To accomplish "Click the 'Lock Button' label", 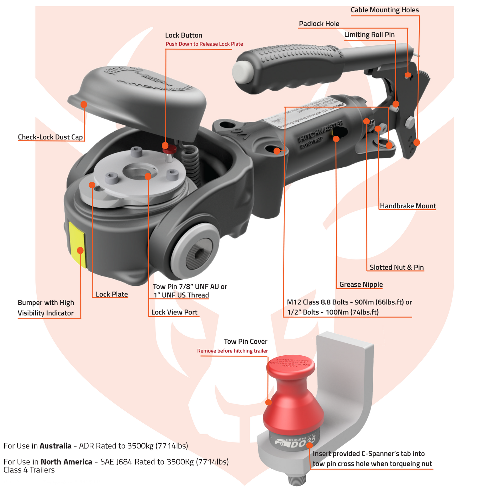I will (183, 35).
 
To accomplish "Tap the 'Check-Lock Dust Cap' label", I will (50, 137).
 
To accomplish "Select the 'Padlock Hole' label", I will (319, 24).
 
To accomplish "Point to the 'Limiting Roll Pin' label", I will (369, 35).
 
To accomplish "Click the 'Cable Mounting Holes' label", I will (385, 10).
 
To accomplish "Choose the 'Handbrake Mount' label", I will (408, 206).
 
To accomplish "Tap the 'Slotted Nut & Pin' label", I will (397, 268).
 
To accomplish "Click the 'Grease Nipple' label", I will (361, 284).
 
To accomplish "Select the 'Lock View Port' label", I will (174, 312).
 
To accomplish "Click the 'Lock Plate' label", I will (112, 295).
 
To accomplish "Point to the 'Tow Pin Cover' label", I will (245, 342).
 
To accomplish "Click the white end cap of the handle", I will (242, 72).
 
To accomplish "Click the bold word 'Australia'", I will (55, 446).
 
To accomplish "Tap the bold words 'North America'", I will (66, 462).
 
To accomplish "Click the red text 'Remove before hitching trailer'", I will (232, 351).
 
